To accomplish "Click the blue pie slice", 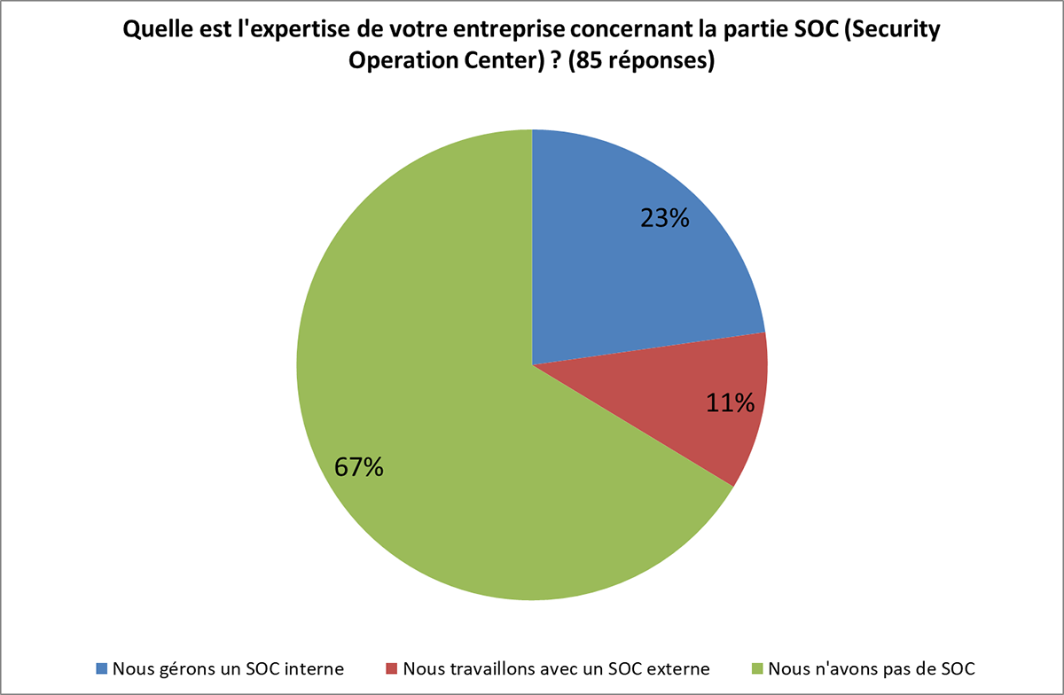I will click(x=621, y=266).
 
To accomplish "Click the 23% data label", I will click(x=665, y=218).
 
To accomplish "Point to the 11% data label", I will click(x=730, y=403).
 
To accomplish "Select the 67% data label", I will click(x=358, y=467).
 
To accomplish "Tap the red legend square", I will click(x=391, y=667).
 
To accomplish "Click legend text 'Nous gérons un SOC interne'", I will click(x=228, y=667).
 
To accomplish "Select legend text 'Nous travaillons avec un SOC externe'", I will click(x=556, y=667).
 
